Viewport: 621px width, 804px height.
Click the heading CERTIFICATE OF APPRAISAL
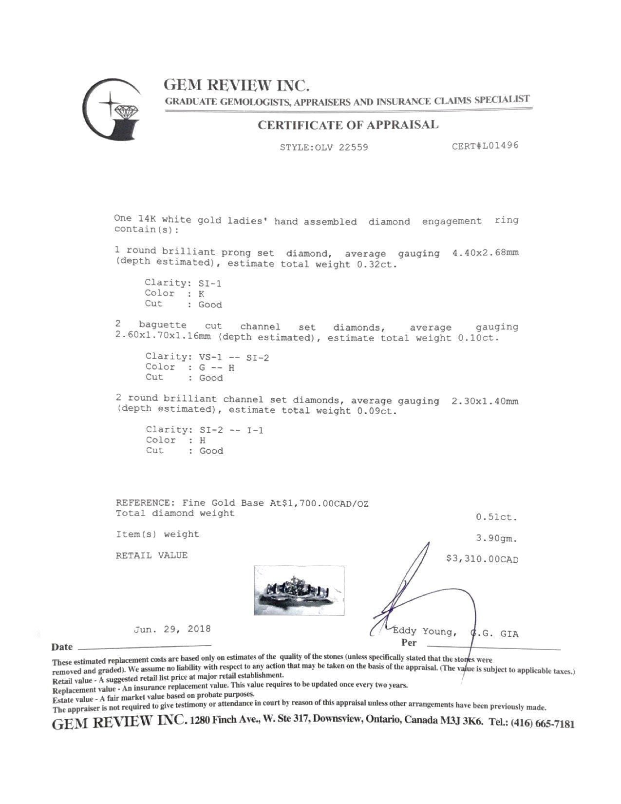348,125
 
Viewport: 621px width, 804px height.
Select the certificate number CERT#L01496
485,146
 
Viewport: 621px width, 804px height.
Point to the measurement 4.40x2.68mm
485,253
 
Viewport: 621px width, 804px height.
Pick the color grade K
201,294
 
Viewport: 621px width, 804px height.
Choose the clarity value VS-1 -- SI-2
231,357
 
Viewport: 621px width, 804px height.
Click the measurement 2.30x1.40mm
485,401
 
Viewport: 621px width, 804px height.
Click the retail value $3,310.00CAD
482,559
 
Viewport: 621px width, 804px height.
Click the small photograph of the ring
299,590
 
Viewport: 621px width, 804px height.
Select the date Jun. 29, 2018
172,629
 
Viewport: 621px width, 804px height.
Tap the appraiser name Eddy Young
424,632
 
